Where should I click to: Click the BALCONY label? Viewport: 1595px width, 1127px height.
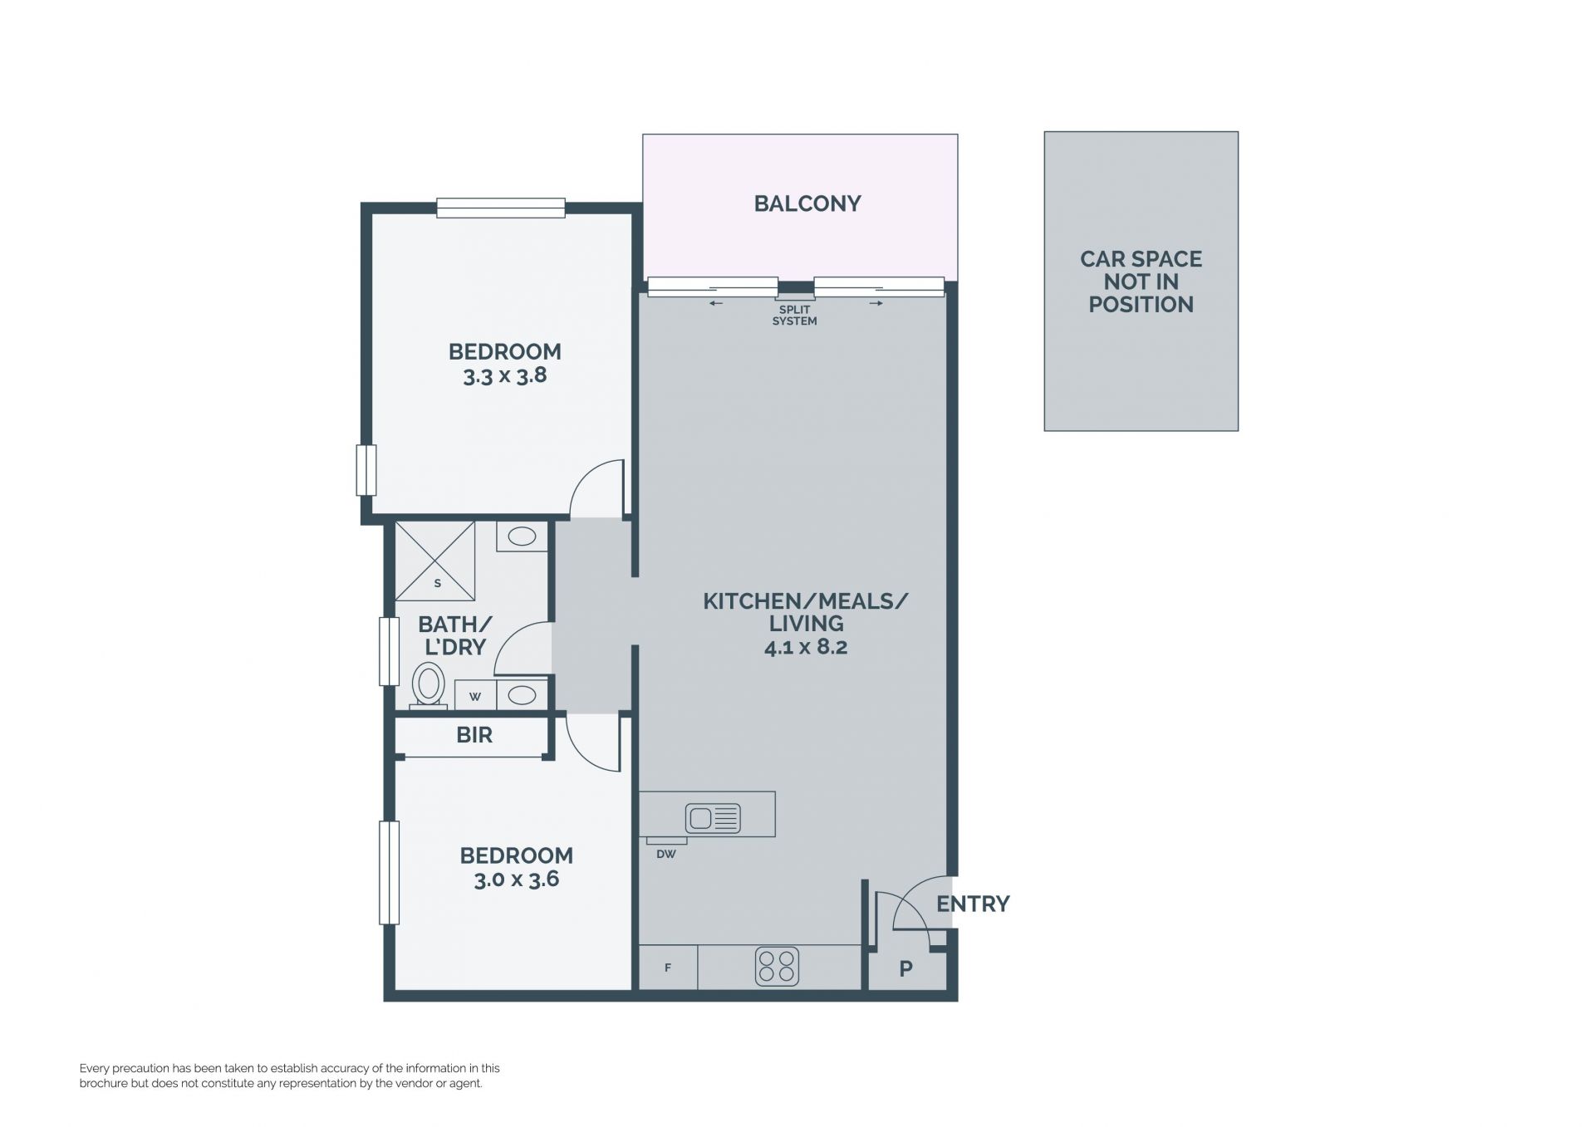tap(807, 203)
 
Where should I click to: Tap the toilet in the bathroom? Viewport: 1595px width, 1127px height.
tap(429, 685)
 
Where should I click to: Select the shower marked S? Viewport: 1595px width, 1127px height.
tap(434, 561)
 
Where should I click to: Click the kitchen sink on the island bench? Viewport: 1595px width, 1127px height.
tap(712, 819)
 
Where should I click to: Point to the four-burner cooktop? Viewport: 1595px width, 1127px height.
tap(777, 967)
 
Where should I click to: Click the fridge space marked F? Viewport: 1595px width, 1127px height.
tap(667, 968)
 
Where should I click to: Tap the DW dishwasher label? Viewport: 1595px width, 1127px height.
tap(665, 854)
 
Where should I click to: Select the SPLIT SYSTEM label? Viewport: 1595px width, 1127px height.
tap(794, 316)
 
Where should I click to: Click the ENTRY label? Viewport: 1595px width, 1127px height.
tap(973, 904)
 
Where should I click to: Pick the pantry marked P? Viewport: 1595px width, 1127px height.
tap(906, 968)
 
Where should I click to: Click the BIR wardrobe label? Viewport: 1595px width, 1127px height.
tap(474, 735)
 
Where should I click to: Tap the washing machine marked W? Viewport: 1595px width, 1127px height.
tap(475, 696)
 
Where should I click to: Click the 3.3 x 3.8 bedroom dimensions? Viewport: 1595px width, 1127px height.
tap(505, 376)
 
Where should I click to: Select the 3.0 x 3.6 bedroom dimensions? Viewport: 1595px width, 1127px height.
tap(516, 880)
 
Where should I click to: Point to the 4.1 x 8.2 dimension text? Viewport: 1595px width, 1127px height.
tap(806, 647)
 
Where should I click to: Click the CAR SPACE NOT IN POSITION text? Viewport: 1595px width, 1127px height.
tap(1141, 282)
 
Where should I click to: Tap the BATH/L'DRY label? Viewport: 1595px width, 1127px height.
tap(454, 635)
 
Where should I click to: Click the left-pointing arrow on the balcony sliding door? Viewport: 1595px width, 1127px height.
tap(716, 303)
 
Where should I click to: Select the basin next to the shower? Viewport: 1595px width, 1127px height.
tap(522, 537)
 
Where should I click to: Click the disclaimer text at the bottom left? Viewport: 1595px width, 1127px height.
tap(289, 1076)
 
